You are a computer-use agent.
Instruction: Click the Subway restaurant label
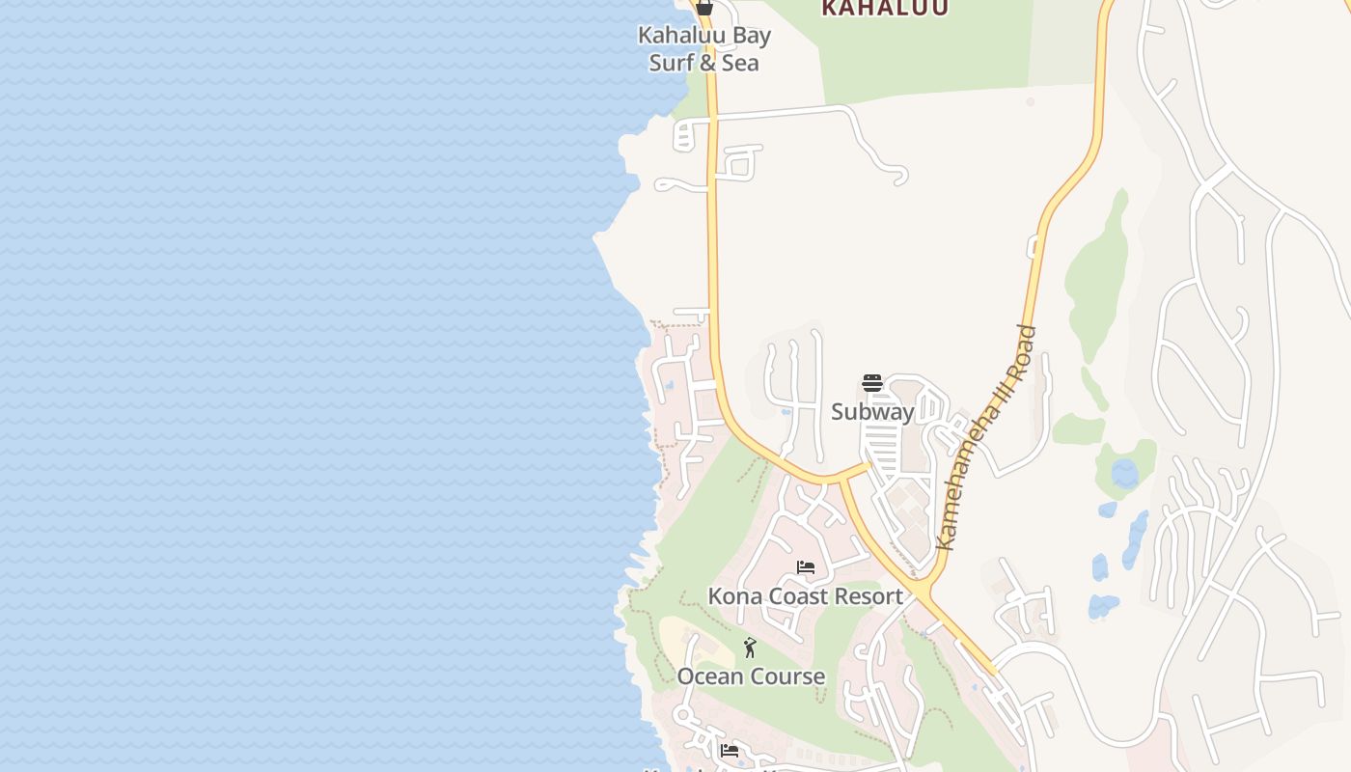click(x=872, y=412)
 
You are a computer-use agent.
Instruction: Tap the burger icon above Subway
click(x=872, y=383)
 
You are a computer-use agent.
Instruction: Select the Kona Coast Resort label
click(x=805, y=596)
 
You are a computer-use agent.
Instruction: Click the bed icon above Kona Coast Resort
click(x=806, y=567)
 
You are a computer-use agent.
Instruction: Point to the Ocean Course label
click(x=751, y=676)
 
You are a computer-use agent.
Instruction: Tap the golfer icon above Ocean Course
click(x=750, y=648)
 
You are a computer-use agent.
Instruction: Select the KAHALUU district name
click(x=885, y=8)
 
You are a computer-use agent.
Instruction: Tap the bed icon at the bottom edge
click(x=730, y=750)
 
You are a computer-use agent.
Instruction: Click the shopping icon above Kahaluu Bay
click(x=704, y=8)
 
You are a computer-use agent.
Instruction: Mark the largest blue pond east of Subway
click(x=1124, y=474)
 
